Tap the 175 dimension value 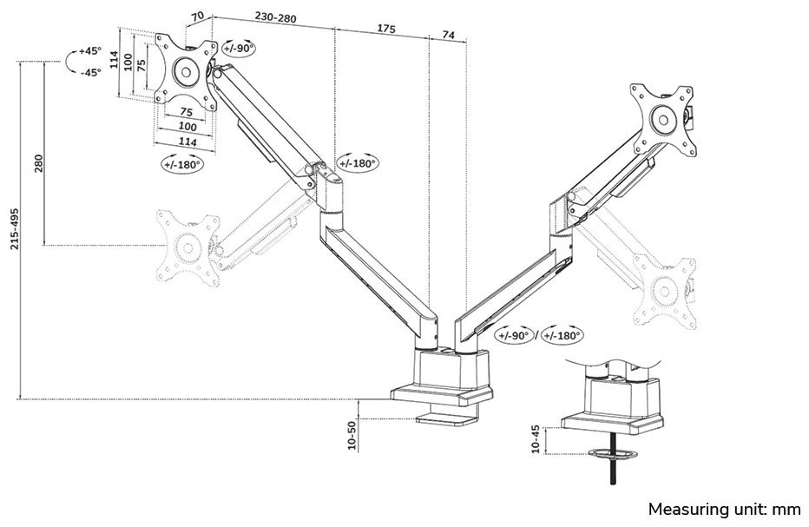tap(385, 29)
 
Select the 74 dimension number tap(448, 35)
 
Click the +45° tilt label tap(89, 51)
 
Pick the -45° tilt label tap(89, 72)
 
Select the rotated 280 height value tap(37, 163)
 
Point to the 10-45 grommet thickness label tap(536, 440)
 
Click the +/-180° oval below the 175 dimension tap(357, 163)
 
